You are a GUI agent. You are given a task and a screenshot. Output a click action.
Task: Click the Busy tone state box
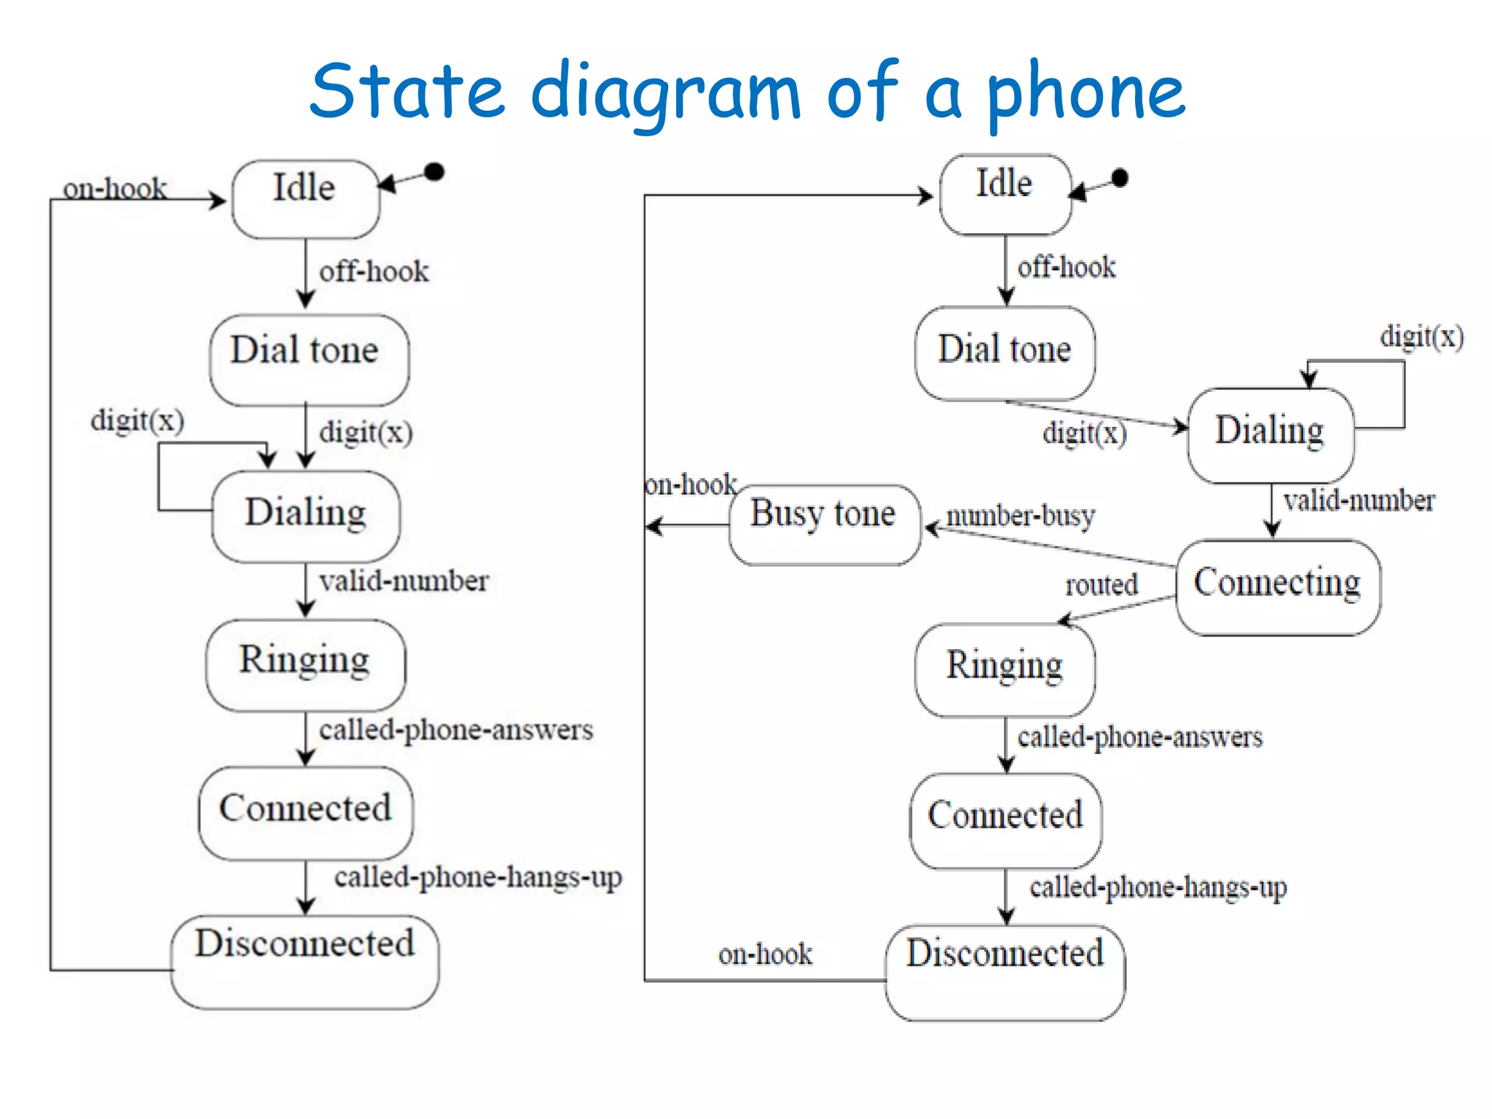tap(825, 525)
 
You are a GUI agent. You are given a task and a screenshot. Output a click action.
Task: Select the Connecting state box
tap(1278, 587)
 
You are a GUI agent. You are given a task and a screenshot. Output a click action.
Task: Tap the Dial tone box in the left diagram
tap(309, 360)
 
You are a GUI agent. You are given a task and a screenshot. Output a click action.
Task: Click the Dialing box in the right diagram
tap(1271, 435)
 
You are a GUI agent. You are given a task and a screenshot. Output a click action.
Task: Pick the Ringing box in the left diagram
tap(306, 664)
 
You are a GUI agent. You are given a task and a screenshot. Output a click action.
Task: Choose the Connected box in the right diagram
tap(1005, 820)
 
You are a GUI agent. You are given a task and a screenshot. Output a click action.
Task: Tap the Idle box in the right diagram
tap(1005, 194)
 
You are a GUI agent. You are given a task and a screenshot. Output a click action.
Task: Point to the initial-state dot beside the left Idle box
tap(434, 172)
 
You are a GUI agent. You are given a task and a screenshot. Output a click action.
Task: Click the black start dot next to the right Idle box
tap(1120, 178)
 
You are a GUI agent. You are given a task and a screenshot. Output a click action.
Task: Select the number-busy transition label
tap(1021, 516)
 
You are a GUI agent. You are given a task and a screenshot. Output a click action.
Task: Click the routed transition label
tap(1102, 584)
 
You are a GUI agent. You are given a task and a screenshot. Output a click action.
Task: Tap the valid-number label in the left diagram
tap(404, 581)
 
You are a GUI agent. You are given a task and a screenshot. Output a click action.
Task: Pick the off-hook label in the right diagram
tap(1067, 267)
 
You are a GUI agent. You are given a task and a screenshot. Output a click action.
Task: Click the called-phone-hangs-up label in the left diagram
tap(478, 877)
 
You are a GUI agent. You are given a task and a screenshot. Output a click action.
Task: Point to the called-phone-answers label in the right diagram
tap(1140, 737)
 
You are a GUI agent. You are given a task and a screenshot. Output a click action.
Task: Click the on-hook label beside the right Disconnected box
tap(765, 954)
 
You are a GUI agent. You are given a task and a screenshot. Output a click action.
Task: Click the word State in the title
tap(407, 92)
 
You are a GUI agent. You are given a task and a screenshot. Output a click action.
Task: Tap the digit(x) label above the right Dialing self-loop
tap(1421, 337)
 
